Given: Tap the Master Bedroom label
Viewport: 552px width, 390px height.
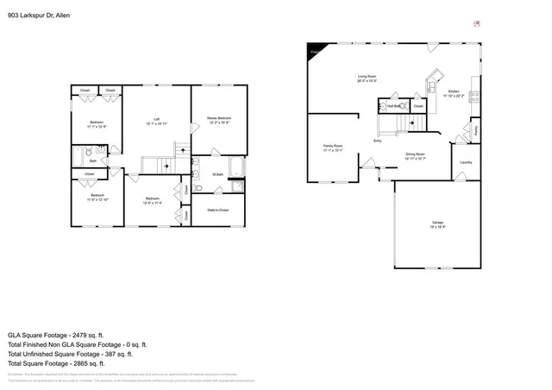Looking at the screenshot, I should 217,120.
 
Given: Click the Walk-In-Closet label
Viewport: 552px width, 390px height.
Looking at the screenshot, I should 217,210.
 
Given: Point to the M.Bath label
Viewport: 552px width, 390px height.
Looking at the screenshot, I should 217,175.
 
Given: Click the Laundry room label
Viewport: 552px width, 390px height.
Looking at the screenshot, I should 466,161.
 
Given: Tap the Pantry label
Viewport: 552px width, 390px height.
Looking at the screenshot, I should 477,129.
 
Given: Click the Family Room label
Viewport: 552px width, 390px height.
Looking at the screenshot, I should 332,147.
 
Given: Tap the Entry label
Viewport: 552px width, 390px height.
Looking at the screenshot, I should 378,141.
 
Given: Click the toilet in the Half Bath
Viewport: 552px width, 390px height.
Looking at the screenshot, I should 383,107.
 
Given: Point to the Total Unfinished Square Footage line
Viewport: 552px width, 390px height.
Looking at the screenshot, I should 69,353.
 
